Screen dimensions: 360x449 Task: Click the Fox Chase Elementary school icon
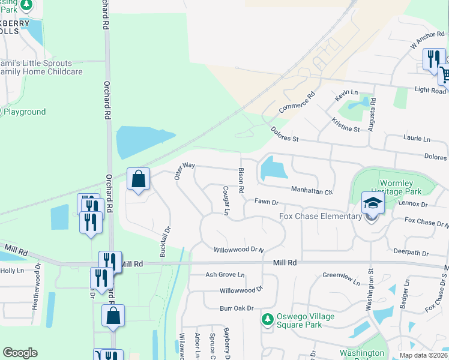[x=372, y=203]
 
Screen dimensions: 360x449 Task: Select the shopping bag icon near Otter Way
[x=138, y=179]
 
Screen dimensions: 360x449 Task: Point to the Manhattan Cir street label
[x=312, y=191]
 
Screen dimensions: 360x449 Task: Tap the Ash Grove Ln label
[x=225, y=275]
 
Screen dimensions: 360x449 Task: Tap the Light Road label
[x=430, y=91]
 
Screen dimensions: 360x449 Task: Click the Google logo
[x=20, y=353]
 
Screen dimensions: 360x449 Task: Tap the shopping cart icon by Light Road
[x=444, y=75]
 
